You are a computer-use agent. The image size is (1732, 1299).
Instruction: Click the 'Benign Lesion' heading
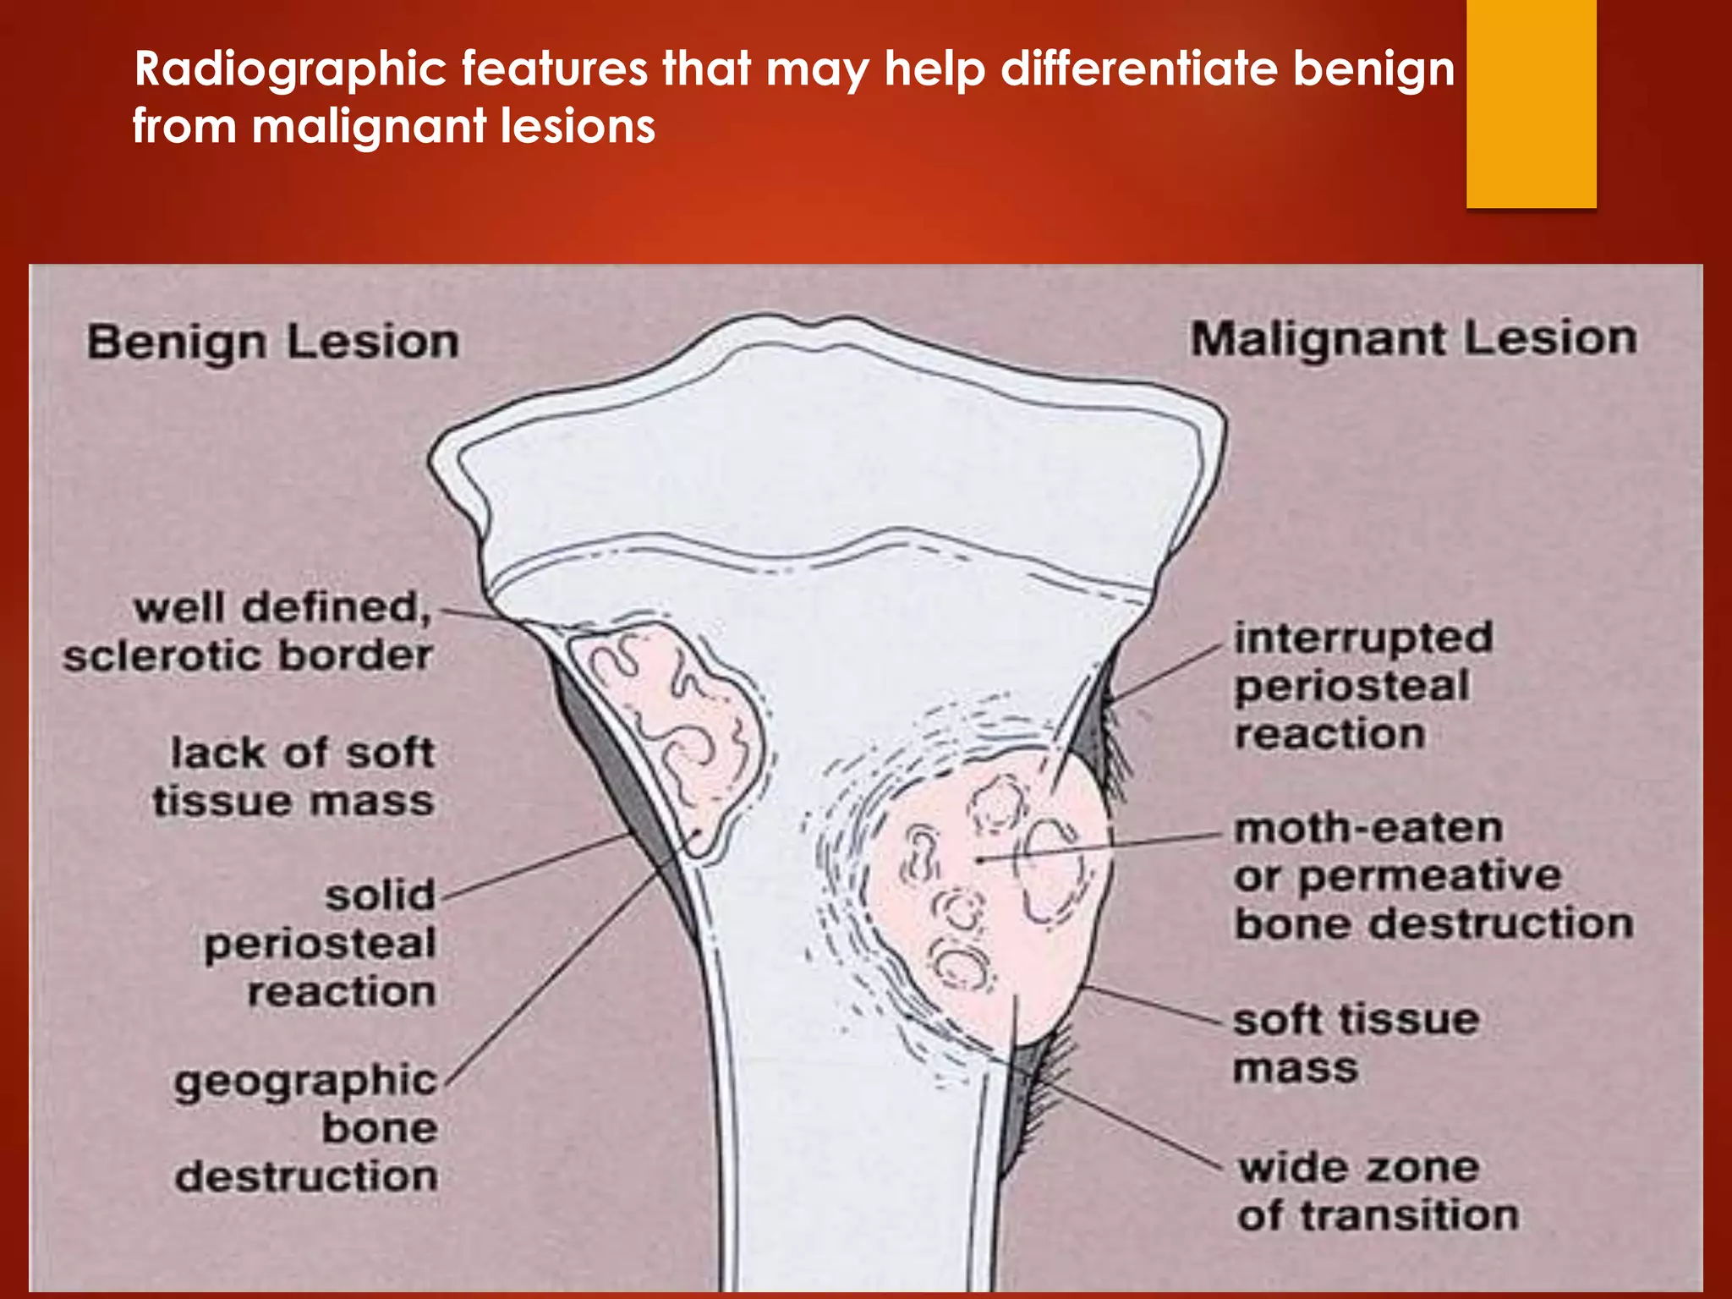click(x=273, y=343)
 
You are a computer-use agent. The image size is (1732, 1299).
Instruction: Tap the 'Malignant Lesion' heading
click(x=1413, y=339)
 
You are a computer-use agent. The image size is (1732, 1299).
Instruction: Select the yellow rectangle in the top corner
click(x=1531, y=103)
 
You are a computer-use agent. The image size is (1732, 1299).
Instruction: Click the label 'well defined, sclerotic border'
click(x=248, y=632)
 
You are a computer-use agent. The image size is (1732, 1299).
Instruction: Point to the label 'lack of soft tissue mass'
click(x=294, y=777)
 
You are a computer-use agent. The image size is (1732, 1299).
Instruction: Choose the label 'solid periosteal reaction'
click(x=321, y=943)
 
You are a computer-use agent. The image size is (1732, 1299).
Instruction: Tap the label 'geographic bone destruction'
click(x=306, y=1128)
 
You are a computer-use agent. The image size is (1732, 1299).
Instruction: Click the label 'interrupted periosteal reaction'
click(x=1362, y=686)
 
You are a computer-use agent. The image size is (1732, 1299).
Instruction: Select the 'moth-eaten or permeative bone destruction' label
click(x=1433, y=876)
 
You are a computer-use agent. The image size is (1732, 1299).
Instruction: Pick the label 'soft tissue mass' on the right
click(x=1356, y=1044)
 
